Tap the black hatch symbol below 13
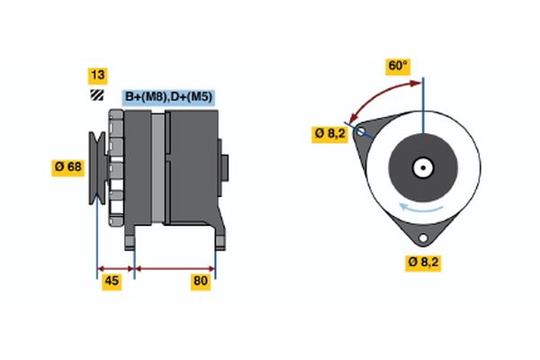[94, 95]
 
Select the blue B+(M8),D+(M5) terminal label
[168, 96]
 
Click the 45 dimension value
[111, 283]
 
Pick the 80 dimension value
[201, 283]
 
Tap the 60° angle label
[397, 66]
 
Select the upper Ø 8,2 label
[329, 132]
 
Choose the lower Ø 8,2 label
[423, 263]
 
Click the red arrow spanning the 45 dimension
[115, 267]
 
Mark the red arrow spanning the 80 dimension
[175, 267]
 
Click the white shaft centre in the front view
[422, 167]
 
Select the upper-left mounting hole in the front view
[361, 132]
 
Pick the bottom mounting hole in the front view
[422, 237]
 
